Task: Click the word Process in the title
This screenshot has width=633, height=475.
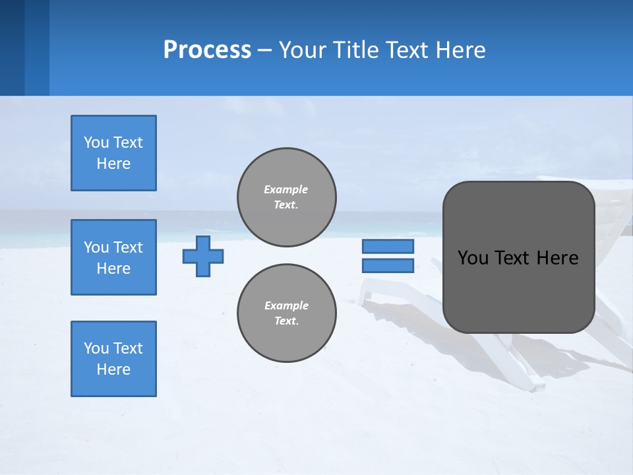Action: [x=207, y=50]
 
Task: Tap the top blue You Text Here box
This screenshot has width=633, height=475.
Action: [x=113, y=153]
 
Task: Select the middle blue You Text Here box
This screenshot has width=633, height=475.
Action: [x=113, y=257]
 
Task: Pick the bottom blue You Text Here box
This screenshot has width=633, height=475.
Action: [x=113, y=359]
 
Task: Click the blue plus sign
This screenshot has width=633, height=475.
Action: [x=203, y=256]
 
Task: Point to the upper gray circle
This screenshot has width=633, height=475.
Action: [x=287, y=197]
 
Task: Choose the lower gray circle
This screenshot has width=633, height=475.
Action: [x=287, y=313]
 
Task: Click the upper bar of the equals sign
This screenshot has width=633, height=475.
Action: [x=388, y=246]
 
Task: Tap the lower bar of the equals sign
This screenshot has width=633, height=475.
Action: [x=388, y=266]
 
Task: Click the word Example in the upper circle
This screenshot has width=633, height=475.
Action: [x=286, y=189]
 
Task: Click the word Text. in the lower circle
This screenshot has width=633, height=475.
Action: [x=286, y=321]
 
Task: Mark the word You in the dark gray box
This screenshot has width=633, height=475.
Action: [x=473, y=258]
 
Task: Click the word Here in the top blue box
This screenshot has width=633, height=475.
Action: [x=113, y=164]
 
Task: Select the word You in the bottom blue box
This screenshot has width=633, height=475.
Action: [x=96, y=348]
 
